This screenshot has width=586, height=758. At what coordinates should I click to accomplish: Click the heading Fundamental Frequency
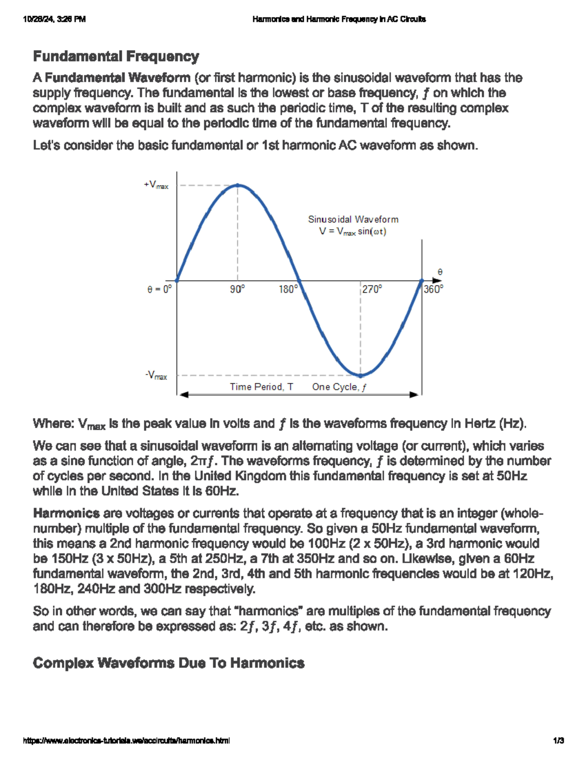(116, 57)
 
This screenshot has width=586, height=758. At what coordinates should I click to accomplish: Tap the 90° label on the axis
(237, 289)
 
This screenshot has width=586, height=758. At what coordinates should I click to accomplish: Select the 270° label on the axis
(372, 289)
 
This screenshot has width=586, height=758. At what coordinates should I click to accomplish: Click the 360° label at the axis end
(434, 289)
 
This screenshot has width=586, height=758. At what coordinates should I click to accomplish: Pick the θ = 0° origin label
(159, 289)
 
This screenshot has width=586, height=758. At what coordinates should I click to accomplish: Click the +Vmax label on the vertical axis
(156, 185)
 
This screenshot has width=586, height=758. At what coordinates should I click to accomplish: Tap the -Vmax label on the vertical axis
(156, 376)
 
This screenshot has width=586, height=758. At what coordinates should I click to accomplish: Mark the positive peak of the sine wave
(238, 185)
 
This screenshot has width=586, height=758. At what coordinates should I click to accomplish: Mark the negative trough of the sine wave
(360, 376)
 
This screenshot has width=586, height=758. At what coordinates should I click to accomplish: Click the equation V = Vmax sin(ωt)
(353, 231)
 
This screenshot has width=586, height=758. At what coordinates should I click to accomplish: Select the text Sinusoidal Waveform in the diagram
(353, 220)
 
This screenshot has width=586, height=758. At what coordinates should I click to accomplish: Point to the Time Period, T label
(262, 387)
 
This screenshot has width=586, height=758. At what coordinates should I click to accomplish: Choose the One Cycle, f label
(339, 387)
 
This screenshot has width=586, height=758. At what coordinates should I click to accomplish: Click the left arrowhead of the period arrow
(184, 394)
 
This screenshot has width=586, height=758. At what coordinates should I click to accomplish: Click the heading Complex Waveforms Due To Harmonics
(168, 663)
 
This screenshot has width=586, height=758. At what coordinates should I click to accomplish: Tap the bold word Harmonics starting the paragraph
(66, 513)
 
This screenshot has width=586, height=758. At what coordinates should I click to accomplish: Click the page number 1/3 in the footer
(559, 740)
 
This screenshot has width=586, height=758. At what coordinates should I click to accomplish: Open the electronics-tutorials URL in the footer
(126, 740)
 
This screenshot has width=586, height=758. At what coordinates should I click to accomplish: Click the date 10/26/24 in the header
(39, 20)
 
